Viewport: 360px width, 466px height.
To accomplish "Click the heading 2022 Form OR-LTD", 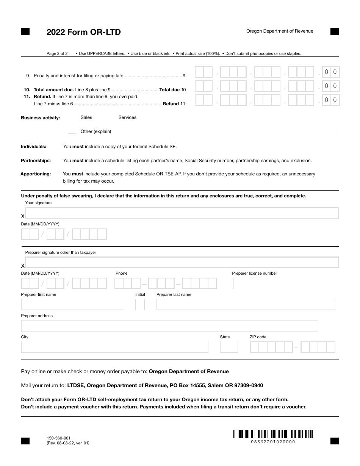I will click(83, 32).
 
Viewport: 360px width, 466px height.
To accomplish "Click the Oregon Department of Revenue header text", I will click(280, 31).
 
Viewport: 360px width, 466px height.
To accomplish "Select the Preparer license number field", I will click(275, 283).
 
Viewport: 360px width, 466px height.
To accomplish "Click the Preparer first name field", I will click(72, 305).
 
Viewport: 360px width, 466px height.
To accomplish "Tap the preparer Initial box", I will click(140, 305).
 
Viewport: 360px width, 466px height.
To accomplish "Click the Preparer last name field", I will click(246, 305).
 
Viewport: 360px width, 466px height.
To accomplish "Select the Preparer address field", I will click(169, 326).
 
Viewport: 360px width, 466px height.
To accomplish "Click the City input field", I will click(114, 347).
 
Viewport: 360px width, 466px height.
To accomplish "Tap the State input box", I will click(229, 347).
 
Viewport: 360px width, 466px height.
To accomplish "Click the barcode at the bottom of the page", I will click(273, 434).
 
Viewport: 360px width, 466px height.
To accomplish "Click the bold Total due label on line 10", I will click(169, 90).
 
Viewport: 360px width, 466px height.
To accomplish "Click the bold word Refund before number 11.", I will click(171, 104).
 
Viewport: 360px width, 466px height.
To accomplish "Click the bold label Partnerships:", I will click(36, 161).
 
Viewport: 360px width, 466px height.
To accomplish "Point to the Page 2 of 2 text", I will click(57, 53).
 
